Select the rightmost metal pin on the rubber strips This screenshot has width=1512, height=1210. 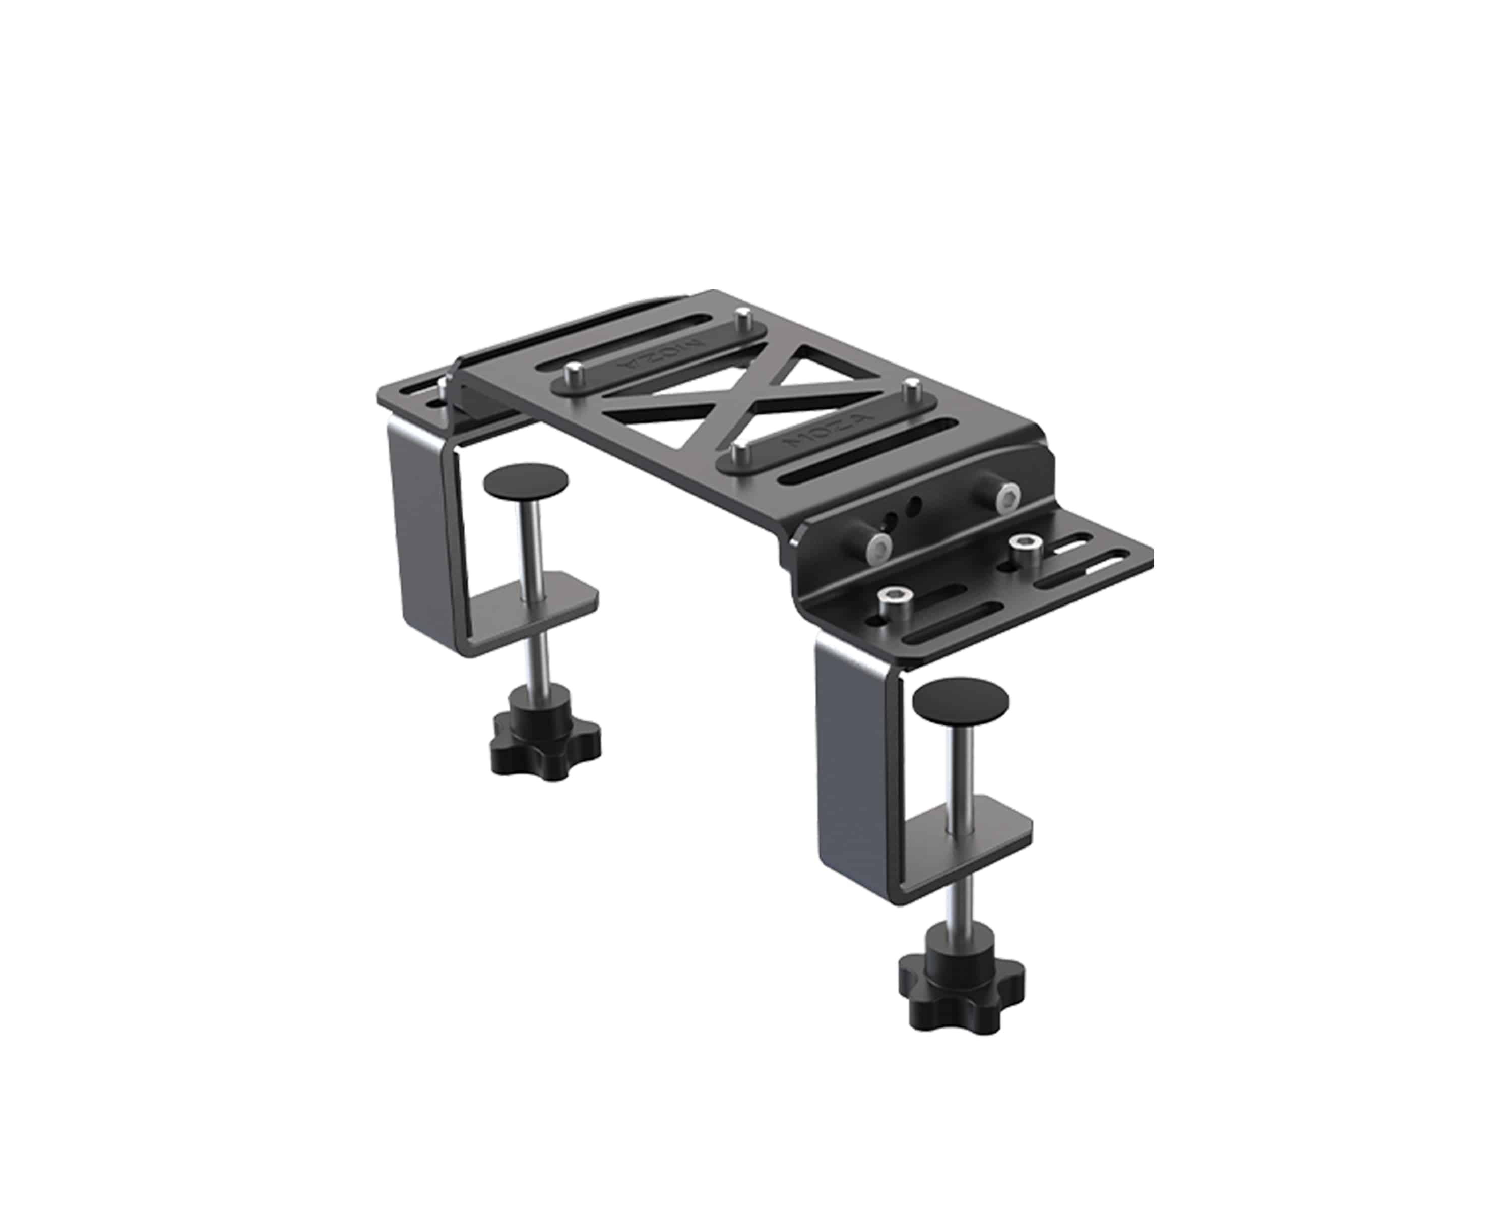912,387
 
